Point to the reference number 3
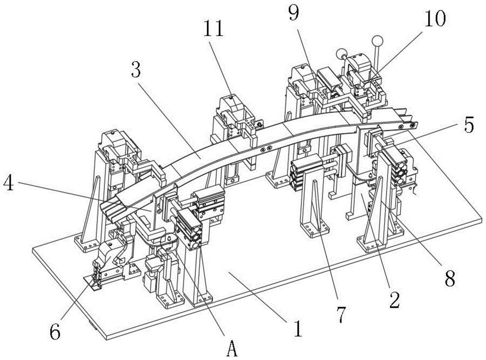(136, 71)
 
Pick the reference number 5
(468, 125)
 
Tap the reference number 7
(341, 315)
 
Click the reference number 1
(298, 328)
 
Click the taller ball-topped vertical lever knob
(377, 41)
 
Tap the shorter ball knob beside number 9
(341, 53)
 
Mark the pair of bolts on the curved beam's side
(266, 149)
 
